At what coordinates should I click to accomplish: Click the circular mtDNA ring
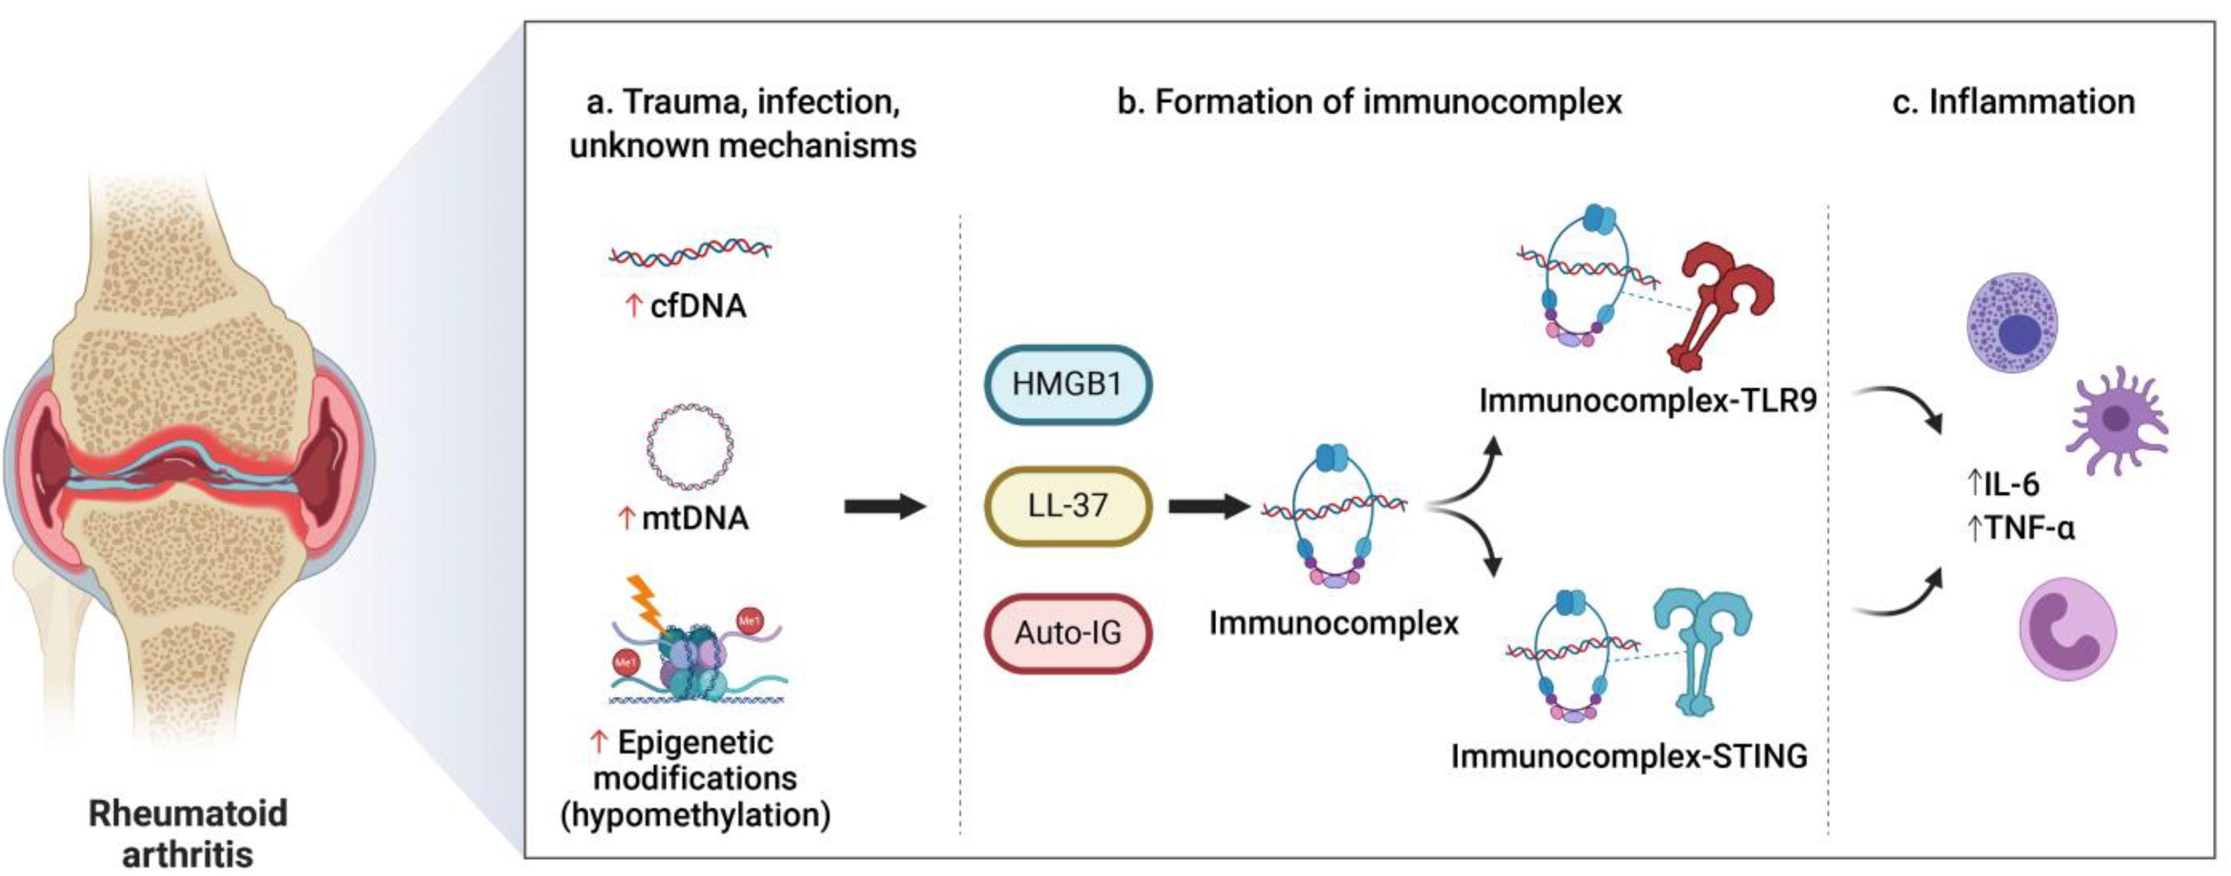pos(690,446)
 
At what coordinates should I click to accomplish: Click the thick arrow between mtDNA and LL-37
pos(883,506)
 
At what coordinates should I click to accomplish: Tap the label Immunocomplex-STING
pos(1629,756)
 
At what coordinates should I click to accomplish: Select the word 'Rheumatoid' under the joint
pos(188,814)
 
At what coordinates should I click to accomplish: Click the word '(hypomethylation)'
pos(695,815)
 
